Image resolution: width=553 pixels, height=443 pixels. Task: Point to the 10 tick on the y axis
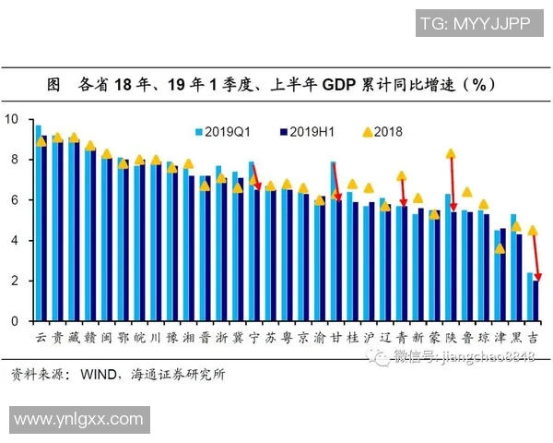[11, 119]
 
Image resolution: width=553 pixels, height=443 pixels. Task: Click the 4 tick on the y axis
[14, 241]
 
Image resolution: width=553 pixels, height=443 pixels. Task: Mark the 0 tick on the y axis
[14, 321]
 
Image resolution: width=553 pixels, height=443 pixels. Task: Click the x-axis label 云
[41, 338]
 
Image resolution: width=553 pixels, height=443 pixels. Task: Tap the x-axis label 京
[303, 338]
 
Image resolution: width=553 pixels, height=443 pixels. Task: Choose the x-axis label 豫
[171, 338]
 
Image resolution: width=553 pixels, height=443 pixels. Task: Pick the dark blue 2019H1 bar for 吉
[536, 301]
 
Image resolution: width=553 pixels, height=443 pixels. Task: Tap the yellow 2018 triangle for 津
[500, 248]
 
